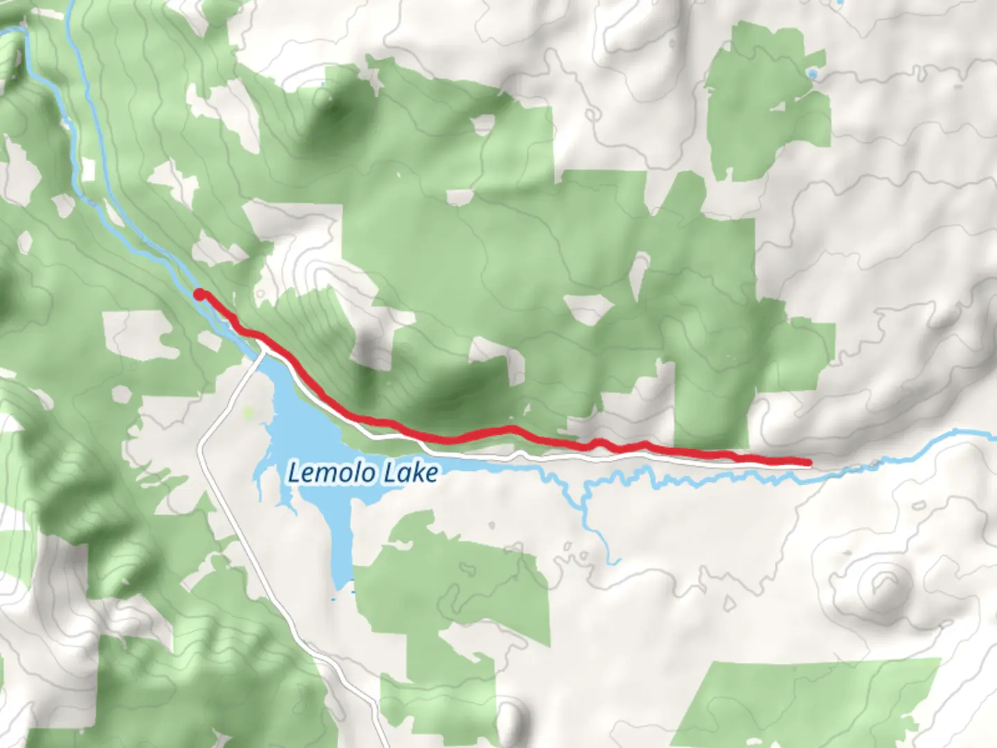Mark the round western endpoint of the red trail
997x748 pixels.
click(199, 294)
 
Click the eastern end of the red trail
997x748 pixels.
click(807, 462)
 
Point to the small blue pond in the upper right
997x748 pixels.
click(812, 73)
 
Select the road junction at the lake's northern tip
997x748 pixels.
click(262, 355)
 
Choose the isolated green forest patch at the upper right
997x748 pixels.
click(769, 104)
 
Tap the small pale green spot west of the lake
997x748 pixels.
click(249, 413)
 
